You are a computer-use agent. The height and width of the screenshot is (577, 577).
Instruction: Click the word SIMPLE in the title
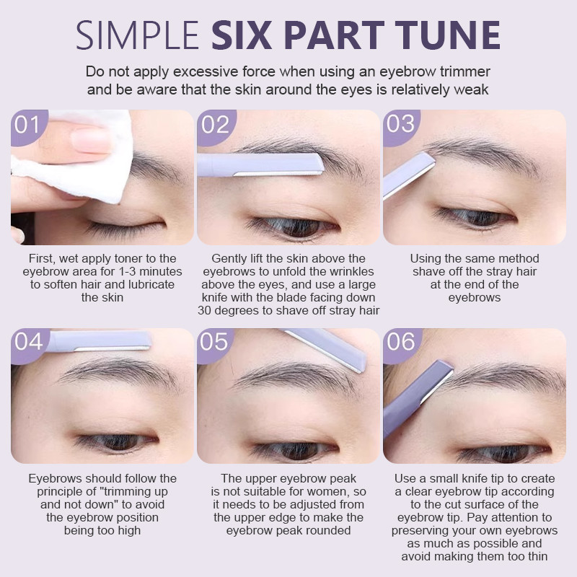[x=137, y=35]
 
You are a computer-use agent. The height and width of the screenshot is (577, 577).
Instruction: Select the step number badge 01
[x=28, y=125]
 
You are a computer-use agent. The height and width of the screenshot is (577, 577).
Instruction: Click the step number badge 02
[x=216, y=125]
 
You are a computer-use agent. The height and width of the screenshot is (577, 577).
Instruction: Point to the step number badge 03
[x=401, y=125]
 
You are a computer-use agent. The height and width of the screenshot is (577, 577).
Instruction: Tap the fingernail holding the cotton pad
[x=91, y=140]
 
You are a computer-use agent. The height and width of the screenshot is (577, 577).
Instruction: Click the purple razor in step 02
[x=260, y=164]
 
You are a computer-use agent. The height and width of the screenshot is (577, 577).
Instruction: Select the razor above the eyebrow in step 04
[x=100, y=340]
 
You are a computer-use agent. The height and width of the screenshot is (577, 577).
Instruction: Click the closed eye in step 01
[x=123, y=227]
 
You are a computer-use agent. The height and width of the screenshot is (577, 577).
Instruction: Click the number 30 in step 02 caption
[x=204, y=311]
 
